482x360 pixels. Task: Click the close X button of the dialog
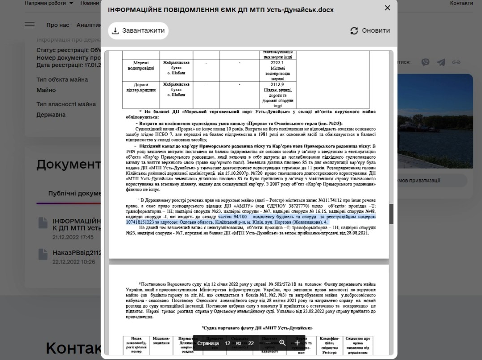(387, 8)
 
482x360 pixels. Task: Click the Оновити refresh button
(370, 30)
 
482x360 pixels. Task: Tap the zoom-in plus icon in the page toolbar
(297, 343)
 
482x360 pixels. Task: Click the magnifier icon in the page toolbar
(282, 343)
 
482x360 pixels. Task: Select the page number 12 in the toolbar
(228, 343)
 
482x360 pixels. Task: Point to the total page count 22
(251, 343)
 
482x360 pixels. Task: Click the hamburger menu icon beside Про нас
(30, 25)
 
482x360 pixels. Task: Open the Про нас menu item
(58, 25)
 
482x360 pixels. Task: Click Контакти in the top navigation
(461, 3)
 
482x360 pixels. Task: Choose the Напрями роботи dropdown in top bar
(49, 3)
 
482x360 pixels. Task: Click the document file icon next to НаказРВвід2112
(43, 254)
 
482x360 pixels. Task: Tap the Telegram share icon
(441, 62)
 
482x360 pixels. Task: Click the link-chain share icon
(456, 62)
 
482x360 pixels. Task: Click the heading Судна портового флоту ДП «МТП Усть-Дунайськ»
(257, 328)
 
